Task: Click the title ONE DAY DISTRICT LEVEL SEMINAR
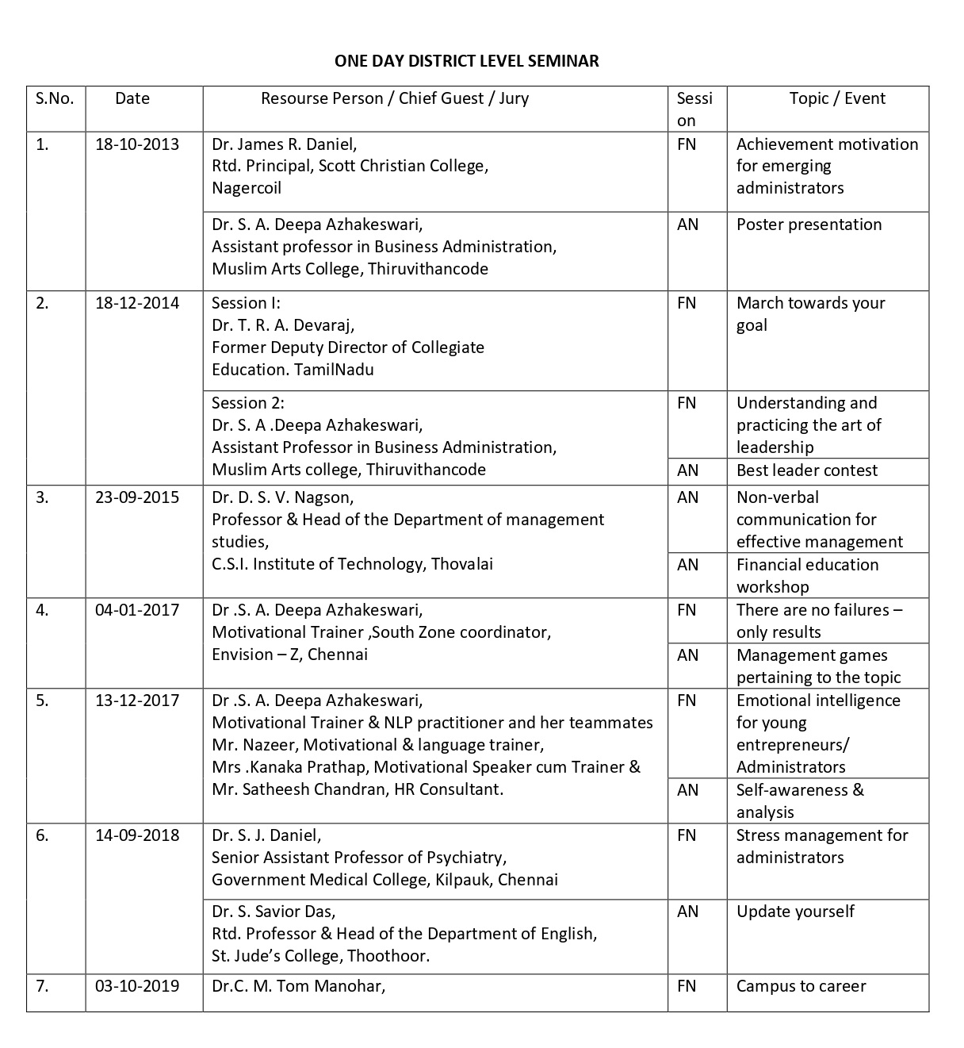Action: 466,61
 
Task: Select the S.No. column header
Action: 55,98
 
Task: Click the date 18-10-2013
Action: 137,144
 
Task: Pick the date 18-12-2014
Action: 137,303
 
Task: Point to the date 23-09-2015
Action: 137,497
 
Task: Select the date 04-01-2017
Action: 137,610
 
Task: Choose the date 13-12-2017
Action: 137,701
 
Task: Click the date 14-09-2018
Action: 137,835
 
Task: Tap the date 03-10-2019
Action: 137,986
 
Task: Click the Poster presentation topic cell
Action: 809,225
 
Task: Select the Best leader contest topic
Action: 807,470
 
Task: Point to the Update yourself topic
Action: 795,912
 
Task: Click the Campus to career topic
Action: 801,986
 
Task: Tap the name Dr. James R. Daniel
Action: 284,144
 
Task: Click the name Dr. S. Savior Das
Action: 274,912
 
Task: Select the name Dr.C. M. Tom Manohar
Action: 298,986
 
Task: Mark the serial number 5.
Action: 42,701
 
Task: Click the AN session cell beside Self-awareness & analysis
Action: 687,790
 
